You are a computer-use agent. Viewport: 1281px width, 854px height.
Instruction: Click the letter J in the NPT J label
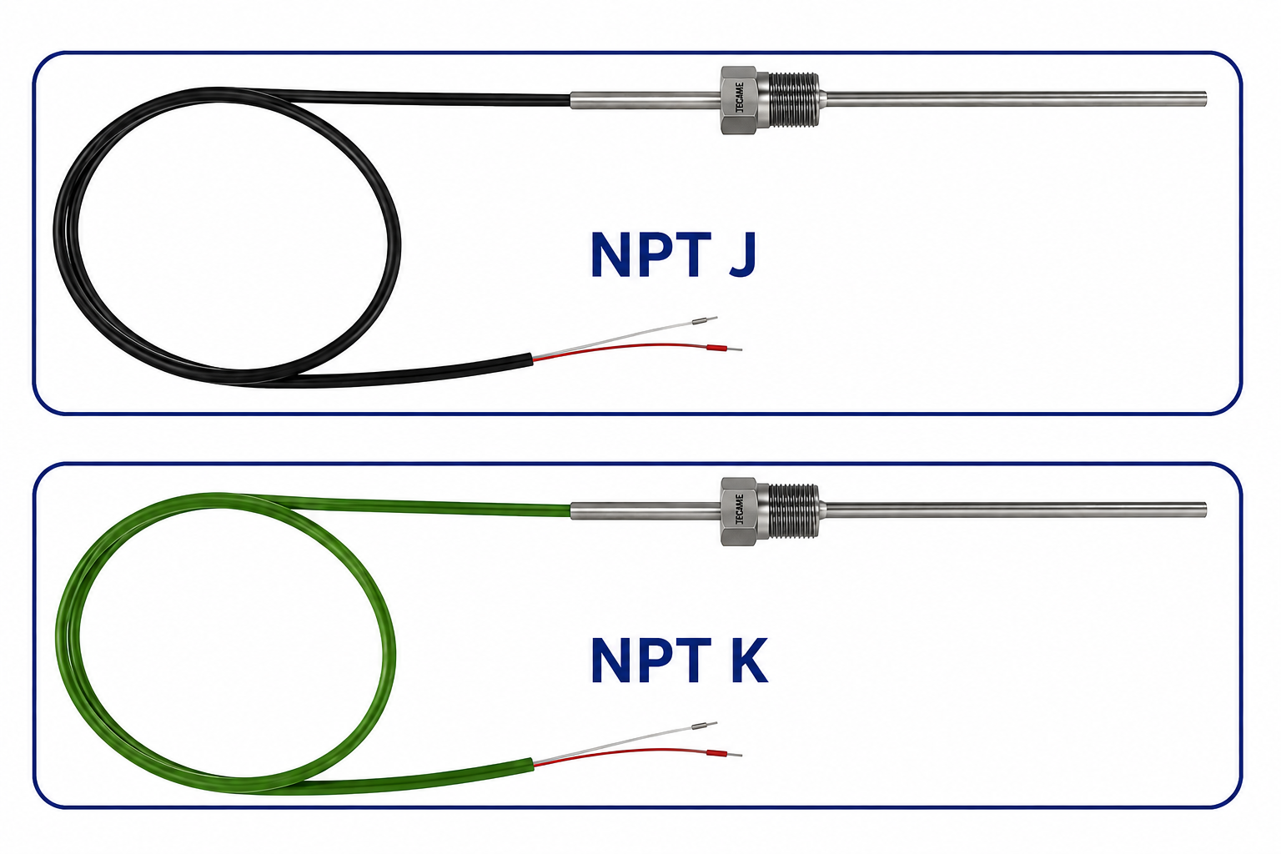click(x=743, y=254)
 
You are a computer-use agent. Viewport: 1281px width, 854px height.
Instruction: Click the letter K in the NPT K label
click(x=750, y=661)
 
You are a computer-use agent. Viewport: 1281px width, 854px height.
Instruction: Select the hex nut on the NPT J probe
click(x=740, y=100)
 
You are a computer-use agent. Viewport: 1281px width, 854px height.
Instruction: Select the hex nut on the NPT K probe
click(x=740, y=511)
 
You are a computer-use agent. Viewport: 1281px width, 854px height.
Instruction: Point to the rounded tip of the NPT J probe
click(x=1205, y=99)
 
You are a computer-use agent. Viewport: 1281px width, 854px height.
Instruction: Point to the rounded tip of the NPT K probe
click(x=1205, y=510)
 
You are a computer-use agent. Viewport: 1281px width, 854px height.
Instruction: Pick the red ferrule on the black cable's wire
click(x=716, y=347)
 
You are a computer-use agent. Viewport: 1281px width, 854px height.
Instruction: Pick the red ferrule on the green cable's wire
click(x=716, y=753)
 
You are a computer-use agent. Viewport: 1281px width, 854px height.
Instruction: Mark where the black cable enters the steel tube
click(x=570, y=99)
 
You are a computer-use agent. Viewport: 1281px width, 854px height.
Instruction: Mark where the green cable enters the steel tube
click(x=570, y=510)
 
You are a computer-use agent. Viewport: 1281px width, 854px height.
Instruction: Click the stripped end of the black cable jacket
click(x=532, y=359)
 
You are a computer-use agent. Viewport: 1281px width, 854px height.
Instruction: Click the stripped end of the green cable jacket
click(x=532, y=765)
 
